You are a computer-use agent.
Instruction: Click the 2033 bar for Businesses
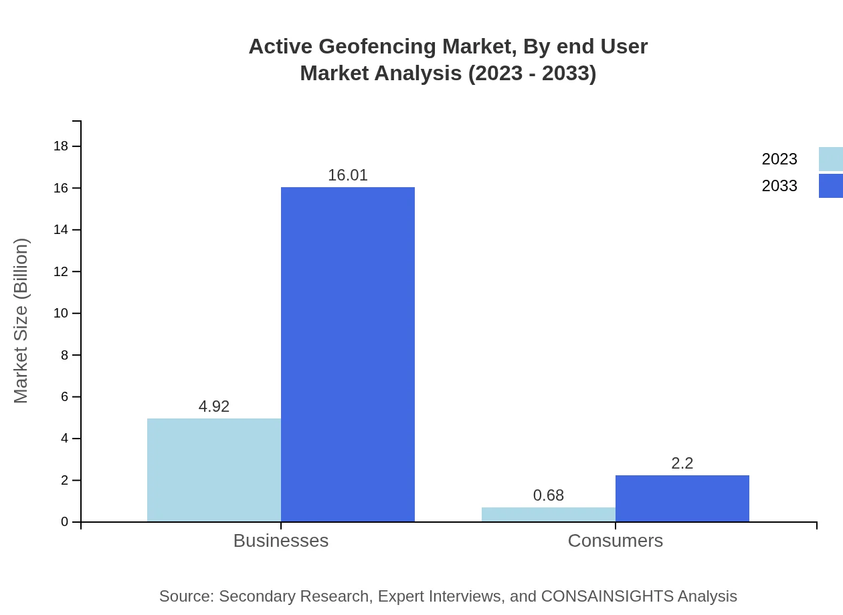(348, 354)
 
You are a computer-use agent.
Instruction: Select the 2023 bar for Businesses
(214, 470)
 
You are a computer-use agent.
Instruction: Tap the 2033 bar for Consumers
(682, 499)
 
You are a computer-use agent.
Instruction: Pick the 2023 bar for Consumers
(549, 515)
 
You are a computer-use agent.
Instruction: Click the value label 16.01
(348, 175)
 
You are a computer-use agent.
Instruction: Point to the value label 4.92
(214, 406)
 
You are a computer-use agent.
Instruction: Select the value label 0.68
(549, 495)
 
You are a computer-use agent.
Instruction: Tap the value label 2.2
(682, 463)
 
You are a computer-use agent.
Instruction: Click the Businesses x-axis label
(281, 541)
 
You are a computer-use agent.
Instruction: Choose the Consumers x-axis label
(616, 541)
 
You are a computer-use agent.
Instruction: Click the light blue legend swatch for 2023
(831, 159)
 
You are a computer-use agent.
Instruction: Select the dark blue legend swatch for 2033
(831, 186)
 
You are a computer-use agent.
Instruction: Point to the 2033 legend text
(779, 186)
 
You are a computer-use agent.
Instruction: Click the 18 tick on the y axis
(61, 146)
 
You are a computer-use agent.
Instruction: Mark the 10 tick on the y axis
(61, 314)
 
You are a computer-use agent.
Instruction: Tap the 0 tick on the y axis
(65, 522)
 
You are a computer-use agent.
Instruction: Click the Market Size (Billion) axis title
(21, 321)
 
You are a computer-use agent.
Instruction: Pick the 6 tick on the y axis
(65, 397)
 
